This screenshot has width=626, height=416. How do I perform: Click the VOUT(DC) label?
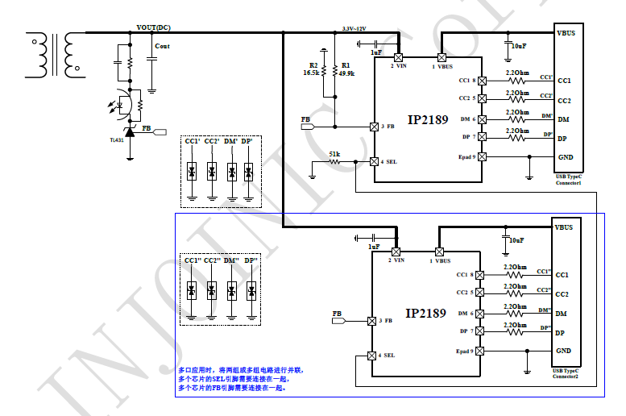point(153,27)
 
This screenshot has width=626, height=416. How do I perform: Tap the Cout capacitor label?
point(162,47)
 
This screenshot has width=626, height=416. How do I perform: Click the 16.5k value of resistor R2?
point(311,73)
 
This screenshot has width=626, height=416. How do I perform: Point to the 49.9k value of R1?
point(347,73)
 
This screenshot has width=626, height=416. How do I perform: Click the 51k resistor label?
point(334,154)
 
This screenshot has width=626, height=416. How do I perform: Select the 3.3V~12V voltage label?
point(354,28)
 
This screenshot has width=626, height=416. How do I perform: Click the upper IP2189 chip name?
point(426,120)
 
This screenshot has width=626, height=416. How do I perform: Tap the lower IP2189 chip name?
point(425,313)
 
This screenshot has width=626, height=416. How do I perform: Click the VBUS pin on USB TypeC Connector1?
point(566,34)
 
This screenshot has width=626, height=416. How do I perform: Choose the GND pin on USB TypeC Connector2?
point(564,352)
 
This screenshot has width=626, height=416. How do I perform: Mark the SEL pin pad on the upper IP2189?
point(374,161)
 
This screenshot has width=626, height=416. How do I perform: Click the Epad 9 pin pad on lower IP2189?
point(482,352)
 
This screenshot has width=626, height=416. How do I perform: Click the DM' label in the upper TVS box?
point(231,142)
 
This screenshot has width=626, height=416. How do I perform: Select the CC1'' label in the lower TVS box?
point(193,260)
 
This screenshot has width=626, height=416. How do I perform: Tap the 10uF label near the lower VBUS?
point(516,239)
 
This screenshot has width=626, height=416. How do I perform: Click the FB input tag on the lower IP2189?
point(338,321)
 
